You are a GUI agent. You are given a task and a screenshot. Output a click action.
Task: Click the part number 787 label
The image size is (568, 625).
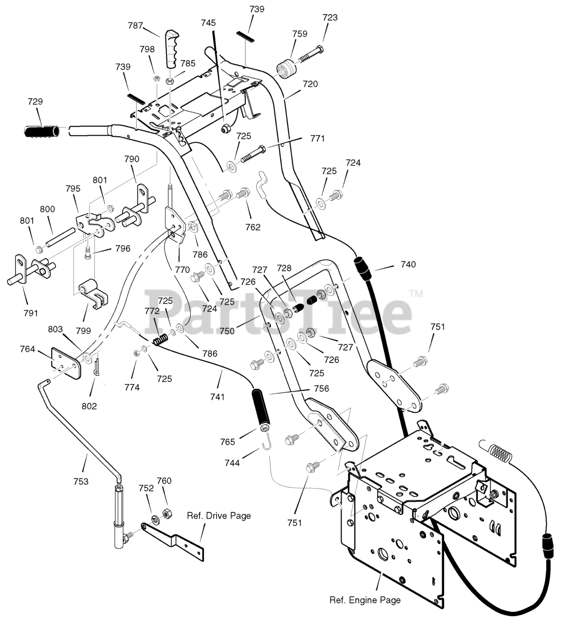pos(136,25)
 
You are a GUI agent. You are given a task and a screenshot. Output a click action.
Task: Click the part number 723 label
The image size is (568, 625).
pos(330,18)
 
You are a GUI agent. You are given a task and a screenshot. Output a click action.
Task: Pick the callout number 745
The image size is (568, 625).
pos(208,23)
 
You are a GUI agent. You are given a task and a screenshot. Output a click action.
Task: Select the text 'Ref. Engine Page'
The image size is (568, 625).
pos(365,600)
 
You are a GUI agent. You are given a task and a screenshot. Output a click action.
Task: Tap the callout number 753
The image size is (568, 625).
pos(81,481)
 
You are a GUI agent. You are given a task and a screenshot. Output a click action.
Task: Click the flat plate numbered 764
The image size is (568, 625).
pos(66,363)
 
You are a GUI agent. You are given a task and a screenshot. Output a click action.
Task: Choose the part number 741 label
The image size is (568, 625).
pos(217,396)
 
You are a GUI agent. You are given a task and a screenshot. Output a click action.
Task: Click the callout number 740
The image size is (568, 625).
pos(408,264)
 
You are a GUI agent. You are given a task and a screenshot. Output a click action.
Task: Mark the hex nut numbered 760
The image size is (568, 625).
pos(166,513)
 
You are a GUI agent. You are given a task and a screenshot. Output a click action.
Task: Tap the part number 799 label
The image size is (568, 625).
pos(83,330)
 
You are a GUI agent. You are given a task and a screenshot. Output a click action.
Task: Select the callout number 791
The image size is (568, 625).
pos(31,313)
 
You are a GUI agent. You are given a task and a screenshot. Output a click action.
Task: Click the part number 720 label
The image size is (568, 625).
pos(310,84)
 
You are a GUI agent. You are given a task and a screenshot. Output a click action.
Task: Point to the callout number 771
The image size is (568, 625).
pos(317,138)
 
